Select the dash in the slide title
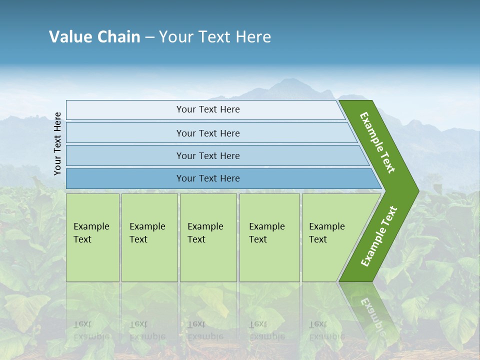tap(149, 37)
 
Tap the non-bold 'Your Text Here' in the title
tap(215, 37)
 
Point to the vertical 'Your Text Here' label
tap(57, 144)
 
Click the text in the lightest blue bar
tap(208, 109)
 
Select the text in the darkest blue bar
tap(208, 178)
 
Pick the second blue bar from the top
tap(208, 133)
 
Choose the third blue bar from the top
tap(208, 155)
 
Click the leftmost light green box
tap(92, 237)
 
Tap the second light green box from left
tap(149, 237)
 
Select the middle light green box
tap(208, 237)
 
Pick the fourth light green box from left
tap(269, 237)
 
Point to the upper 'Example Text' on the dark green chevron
tap(377, 142)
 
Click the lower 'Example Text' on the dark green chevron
tap(378, 236)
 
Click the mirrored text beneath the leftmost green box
tap(91, 330)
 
